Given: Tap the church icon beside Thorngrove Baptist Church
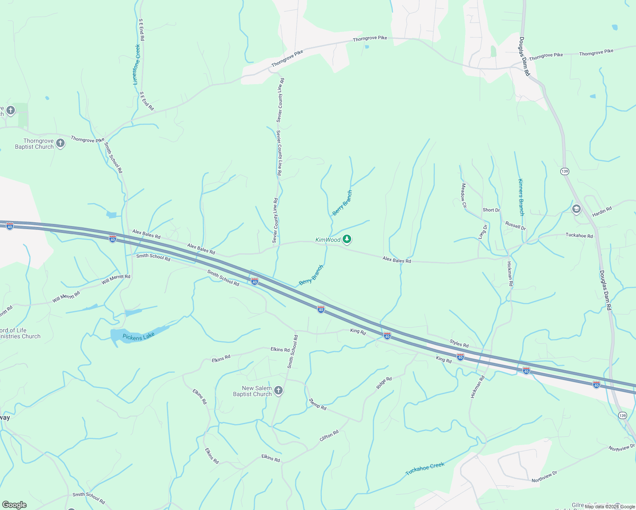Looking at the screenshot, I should pyautogui.click(x=60, y=143).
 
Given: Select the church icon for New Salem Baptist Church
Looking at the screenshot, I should pyautogui.click(x=278, y=391).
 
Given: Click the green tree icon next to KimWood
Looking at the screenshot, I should pyautogui.click(x=347, y=240).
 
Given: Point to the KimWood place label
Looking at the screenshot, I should pyautogui.click(x=328, y=240).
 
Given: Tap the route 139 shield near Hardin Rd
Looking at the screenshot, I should pyautogui.click(x=565, y=171).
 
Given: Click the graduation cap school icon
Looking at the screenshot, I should pyautogui.click(x=576, y=209).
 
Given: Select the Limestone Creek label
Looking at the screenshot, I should pyautogui.click(x=136, y=65).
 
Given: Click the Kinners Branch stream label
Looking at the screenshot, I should pyautogui.click(x=521, y=197).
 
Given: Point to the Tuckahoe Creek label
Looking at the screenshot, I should pyautogui.click(x=425, y=469).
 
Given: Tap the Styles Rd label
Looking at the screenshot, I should pyautogui.click(x=459, y=343).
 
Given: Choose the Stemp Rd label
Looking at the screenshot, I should pyautogui.click(x=318, y=404).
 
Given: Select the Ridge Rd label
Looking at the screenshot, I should pyautogui.click(x=384, y=383).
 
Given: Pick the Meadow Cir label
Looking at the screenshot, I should pyautogui.click(x=464, y=195).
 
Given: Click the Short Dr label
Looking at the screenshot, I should pyautogui.click(x=491, y=210).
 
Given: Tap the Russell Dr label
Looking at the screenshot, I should pyautogui.click(x=515, y=226).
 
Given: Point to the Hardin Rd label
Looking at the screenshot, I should pyautogui.click(x=602, y=211).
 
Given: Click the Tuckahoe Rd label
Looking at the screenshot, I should pyautogui.click(x=579, y=235).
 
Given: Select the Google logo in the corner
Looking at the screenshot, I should pyautogui.click(x=14, y=505).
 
